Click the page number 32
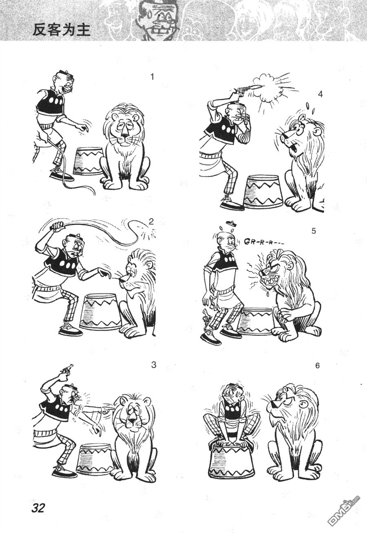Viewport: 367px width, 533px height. pyautogui.click(x=38, y=508)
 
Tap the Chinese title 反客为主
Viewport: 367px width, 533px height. pyautogui.click(x=62, y=30)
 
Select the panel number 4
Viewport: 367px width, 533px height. pyautogui.click(x=320, y=94)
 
